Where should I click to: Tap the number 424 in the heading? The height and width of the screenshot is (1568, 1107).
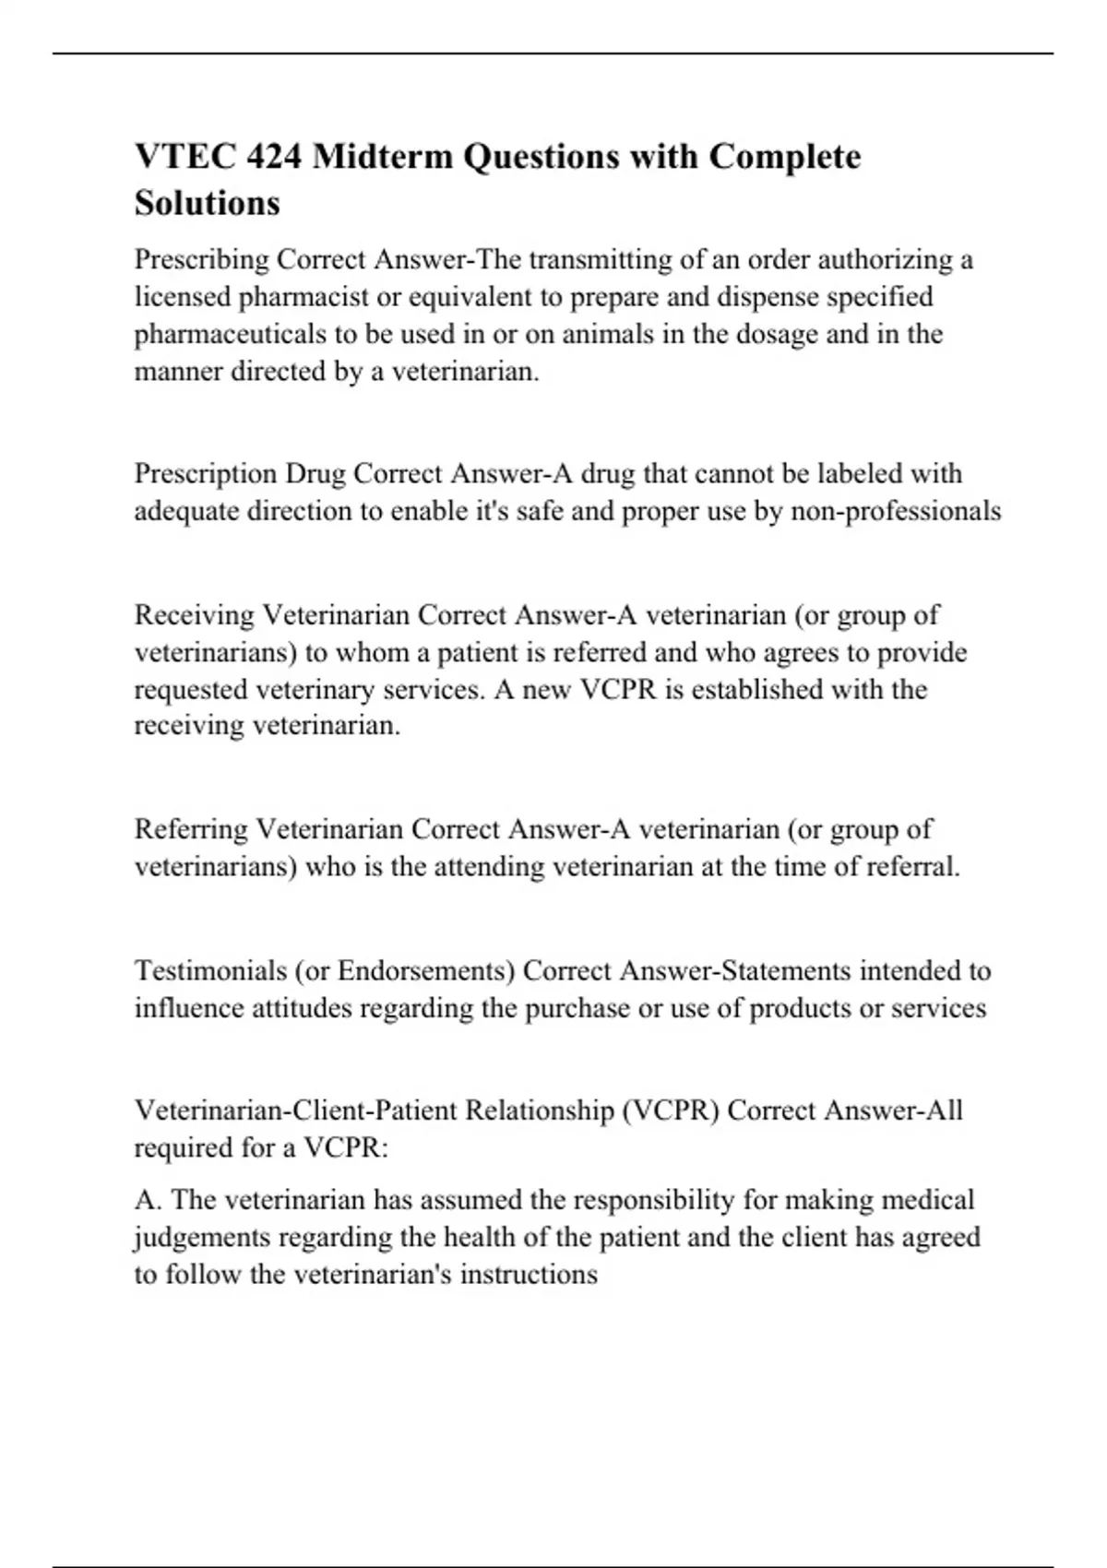[x=274, y=157]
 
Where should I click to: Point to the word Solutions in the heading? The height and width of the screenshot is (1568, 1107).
[x=207, y=203]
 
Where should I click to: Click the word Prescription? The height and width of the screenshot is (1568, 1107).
[x=206, y=474]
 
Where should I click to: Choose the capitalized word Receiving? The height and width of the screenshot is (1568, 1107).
[x=195, y=615]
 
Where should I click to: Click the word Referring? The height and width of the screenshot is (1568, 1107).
[x=191, y=829]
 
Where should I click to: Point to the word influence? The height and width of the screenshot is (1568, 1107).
[x=186, y=1008]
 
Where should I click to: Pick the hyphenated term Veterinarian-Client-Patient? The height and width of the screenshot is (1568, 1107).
[x=296, y=1111]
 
